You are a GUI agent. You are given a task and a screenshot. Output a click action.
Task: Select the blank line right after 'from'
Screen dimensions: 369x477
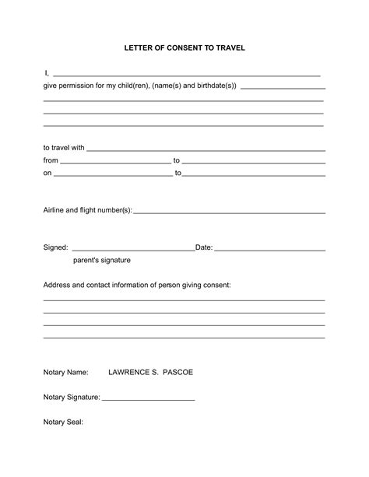(x=114, y=161)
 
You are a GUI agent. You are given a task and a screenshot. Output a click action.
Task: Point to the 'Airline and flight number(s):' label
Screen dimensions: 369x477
(x=87, y=210)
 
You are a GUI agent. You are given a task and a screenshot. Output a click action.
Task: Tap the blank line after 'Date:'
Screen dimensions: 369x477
(x=269, y=249)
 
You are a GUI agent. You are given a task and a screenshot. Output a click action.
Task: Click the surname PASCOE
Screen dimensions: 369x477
(x=178, y=373)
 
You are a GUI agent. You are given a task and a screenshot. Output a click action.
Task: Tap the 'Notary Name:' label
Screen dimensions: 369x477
(x=66, y=373)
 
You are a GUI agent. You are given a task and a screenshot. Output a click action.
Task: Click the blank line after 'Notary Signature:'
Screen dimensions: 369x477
(x=148, y=398)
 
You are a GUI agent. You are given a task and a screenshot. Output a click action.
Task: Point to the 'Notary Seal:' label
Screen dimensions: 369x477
(x=63, y=423)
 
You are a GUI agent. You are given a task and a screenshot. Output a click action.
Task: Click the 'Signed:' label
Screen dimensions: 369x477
(x=55, y=247)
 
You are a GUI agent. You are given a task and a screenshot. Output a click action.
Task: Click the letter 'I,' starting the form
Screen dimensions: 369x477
(x=46, y=73)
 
